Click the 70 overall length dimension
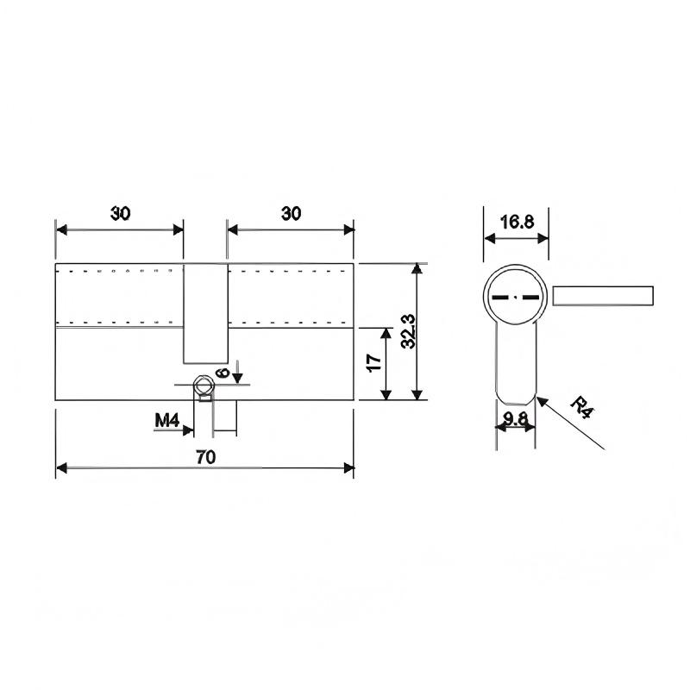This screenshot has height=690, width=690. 204,457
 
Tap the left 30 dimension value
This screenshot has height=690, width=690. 120,215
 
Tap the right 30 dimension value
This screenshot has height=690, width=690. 291,215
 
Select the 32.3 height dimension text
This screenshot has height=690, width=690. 408,330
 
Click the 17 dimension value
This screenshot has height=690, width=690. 374,363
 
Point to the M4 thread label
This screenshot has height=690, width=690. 166,420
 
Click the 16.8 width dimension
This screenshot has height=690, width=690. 517,222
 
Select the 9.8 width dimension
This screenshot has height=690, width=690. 515,420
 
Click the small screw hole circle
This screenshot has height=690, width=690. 204,385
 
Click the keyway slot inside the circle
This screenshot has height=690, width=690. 516,296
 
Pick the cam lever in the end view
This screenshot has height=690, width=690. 603,296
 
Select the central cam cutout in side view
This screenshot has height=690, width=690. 205,313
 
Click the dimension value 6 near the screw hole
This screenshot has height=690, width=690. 222,373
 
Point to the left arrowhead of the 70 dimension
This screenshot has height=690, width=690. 61,468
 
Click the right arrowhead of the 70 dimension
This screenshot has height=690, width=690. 349,468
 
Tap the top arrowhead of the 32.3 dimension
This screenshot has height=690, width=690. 417,268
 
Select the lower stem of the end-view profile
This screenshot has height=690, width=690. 516,362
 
